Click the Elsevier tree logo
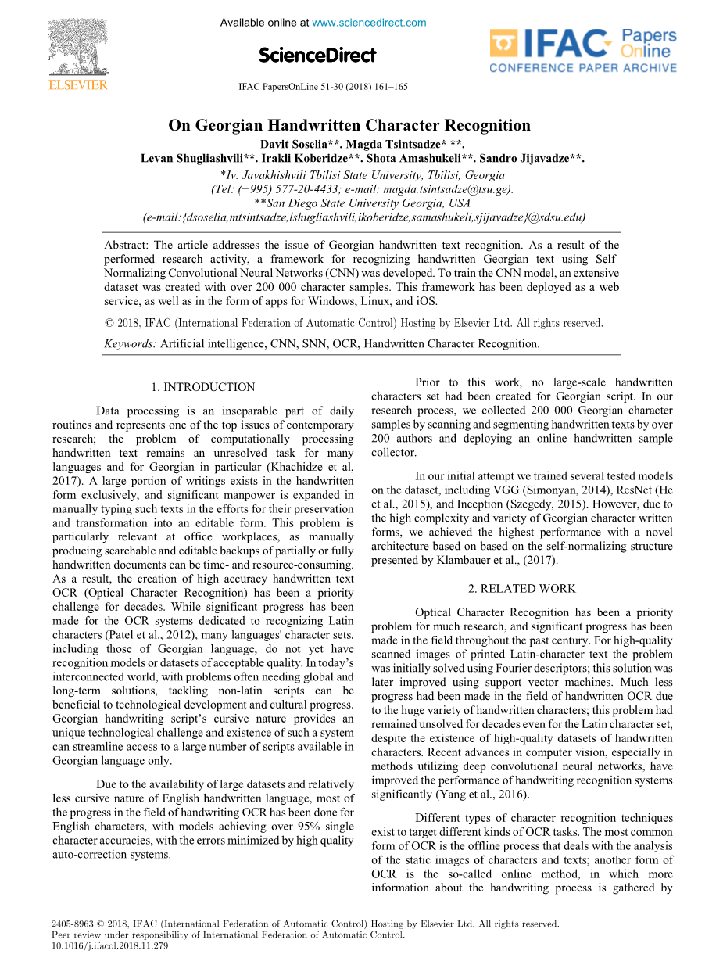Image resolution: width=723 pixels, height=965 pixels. (78, 48)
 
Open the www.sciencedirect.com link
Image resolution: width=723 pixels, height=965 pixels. (369, 23)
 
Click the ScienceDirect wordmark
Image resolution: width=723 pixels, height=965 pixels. (317, 55)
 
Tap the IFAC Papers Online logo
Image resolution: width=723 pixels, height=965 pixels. (582, 51)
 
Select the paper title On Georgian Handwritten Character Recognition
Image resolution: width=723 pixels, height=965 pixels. (349, 125)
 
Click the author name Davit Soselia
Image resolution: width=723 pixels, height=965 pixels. (290, 145)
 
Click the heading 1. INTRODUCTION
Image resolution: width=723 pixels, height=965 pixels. (202, 387)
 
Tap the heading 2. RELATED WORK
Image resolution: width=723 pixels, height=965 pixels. (521, 588)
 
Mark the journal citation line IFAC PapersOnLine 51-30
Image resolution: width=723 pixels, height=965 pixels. (323, 87)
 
